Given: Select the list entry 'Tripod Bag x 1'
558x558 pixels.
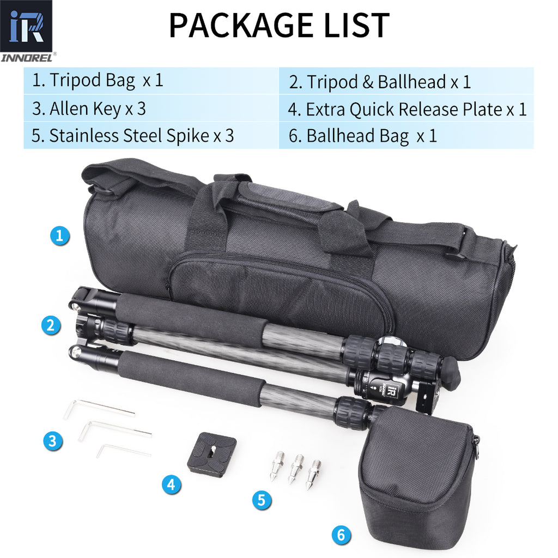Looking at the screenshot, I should (97, 81).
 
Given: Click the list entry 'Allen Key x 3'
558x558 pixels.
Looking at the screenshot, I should (89, 108).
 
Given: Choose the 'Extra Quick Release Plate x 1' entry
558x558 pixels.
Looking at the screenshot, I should (407, 109).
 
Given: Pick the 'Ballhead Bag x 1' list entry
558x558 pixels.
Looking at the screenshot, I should (363, 136).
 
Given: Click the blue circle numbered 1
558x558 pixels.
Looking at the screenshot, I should (60, 236).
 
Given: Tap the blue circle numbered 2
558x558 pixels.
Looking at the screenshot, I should (51, 325).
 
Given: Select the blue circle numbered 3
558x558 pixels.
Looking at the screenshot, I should (53, 440).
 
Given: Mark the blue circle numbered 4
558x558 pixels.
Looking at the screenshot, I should (171, 484).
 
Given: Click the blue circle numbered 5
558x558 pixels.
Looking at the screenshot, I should (262, 500).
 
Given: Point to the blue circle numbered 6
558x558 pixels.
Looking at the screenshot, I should (341, 535).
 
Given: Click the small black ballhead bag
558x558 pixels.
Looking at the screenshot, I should (417, 474).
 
